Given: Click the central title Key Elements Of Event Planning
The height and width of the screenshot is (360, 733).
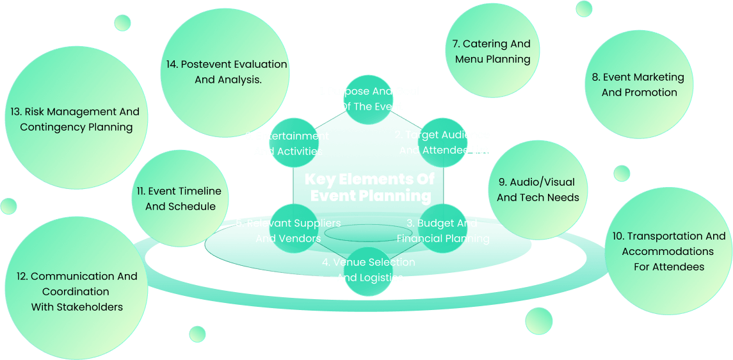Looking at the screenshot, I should [x=369, y=187].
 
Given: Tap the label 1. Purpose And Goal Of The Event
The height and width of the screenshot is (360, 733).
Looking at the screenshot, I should [x=369, y=99].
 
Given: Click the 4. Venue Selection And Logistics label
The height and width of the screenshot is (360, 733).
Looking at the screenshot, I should [x=369, y=270].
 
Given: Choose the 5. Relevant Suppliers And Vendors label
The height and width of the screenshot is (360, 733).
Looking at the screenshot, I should [x=288, y=231].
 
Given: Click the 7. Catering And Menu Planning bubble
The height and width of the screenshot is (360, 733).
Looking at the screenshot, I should [x=492, y=52].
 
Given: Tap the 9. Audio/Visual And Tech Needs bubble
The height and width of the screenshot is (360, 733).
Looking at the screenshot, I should [x=538, y=190].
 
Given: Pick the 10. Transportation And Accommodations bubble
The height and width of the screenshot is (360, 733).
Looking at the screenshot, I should [x=668, y=251].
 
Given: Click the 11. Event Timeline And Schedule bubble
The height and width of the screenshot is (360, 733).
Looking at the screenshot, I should [x=180, y=199].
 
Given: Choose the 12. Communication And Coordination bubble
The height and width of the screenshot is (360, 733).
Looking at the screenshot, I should [x=77, y=291].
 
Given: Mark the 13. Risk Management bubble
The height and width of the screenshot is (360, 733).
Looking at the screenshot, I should [x=76, y=119].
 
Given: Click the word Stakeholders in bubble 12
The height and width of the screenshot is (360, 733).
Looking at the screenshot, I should [x=90, y=307].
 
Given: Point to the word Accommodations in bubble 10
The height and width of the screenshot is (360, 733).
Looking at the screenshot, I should [x=668, y=251].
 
